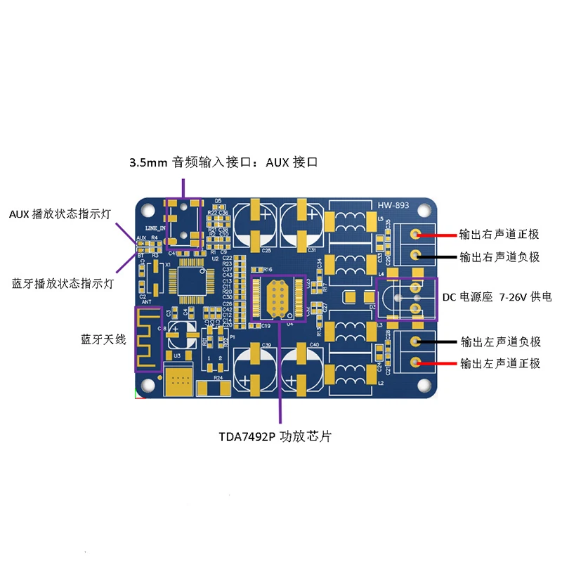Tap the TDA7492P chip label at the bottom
tap(275, 436)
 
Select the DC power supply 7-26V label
tap(497, 298)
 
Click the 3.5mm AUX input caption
tap(224, 162)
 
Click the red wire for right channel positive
tap(436, 235)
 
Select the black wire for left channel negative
tap(436, 342)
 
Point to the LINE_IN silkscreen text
tap(155, 229)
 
